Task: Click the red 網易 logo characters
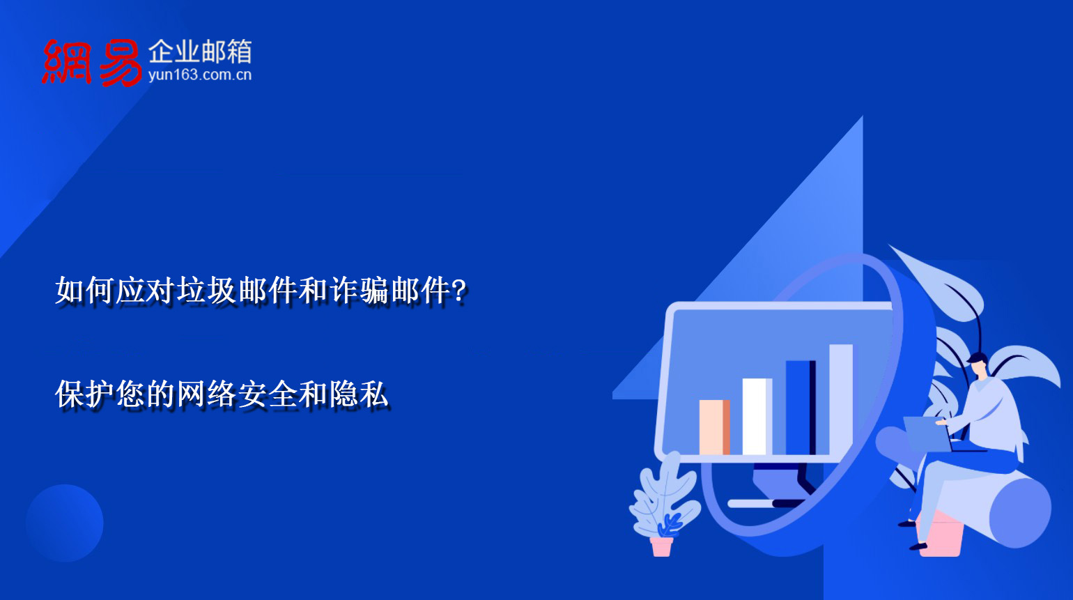(x=91, y=63)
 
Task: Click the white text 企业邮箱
(x=199, y=52)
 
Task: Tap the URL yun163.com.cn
(x=199, y=75)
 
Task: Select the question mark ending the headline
(x=458, y=291)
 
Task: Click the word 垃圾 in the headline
(x=207, y=291)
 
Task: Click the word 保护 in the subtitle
(x=85, y=394)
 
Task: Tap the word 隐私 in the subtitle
(x=359, y=394)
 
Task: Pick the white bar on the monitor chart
(x=757, y=417)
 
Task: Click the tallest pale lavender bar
(x=841, y=399)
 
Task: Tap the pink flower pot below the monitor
(x=661, y=546)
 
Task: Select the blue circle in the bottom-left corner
(x=65, y=523)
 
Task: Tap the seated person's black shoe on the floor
(x=918, y=546)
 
